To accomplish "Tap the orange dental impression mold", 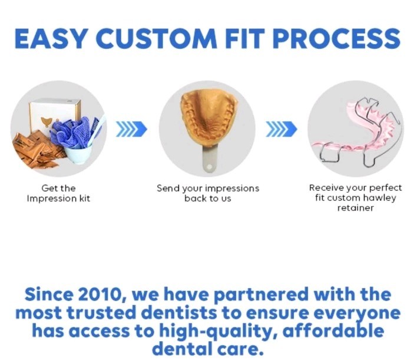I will [207, 121].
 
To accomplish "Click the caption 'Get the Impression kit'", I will [58, 193].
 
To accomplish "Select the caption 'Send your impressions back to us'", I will [207, 193].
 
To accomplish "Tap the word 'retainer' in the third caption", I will [355, 208].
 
